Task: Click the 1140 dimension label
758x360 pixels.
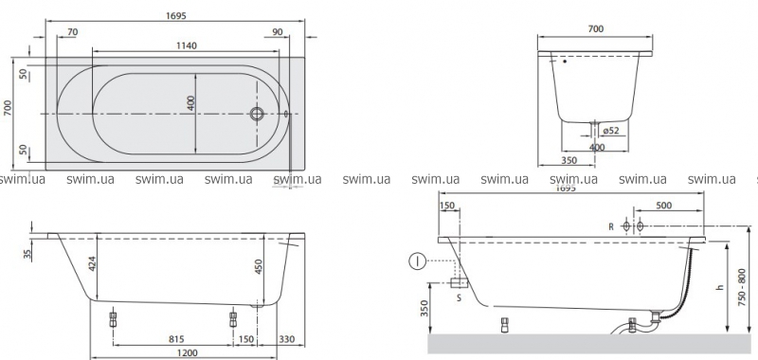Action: click(186, 45)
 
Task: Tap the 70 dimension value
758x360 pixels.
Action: click(73, 32)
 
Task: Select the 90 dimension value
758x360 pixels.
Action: click(278, 32)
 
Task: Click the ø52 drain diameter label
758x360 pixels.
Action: click(611, 130)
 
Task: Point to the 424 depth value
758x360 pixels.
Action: click(93, 262)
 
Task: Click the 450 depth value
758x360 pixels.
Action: click(259, 267)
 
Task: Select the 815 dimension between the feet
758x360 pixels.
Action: click(176, 340)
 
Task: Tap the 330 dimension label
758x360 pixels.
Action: click(287, 340)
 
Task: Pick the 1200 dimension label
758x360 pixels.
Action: click(187, 352)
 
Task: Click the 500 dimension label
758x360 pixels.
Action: click(664, 206)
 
